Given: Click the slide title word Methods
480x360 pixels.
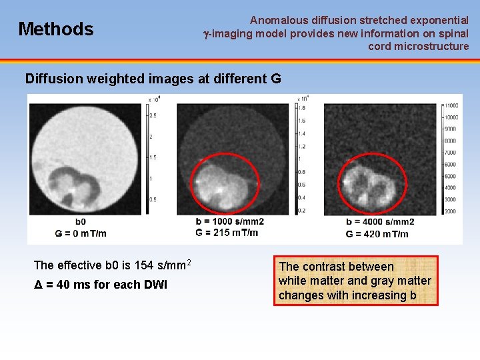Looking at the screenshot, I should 56,29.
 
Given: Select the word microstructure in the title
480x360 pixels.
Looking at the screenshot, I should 427,46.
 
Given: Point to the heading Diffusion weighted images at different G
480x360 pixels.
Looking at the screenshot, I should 153,79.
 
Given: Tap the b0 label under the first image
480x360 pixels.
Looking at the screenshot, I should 80,222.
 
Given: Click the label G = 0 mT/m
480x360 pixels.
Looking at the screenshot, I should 81,233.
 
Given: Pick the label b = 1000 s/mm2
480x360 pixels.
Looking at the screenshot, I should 230,222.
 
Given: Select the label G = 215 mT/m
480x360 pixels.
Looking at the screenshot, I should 227,233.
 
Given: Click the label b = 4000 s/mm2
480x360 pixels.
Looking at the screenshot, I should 381,222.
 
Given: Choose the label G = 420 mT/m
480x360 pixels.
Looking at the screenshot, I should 377,234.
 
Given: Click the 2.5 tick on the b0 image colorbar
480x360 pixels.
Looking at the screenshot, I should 152,115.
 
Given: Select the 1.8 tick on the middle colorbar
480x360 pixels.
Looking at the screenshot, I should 301,107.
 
